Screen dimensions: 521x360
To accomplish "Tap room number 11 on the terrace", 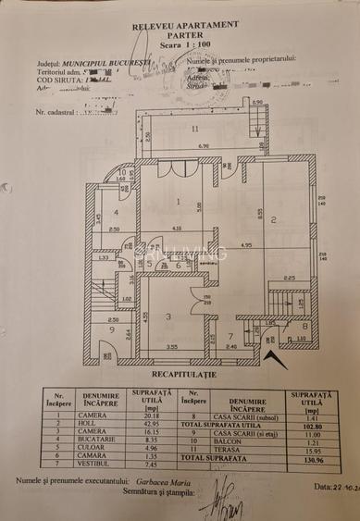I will point(194,130).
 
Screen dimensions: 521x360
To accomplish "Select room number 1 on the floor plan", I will point(178,200).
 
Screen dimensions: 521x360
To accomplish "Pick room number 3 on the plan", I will point(168,316).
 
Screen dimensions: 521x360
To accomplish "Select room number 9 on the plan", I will point(111,329).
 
